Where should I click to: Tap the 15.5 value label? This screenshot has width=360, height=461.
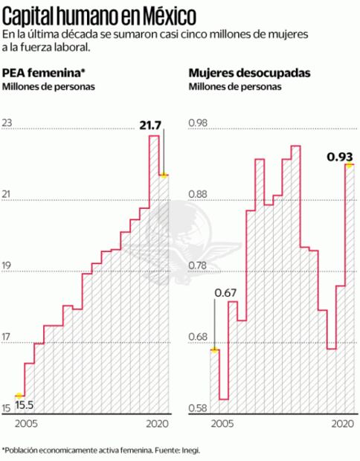click(x=25, y=404)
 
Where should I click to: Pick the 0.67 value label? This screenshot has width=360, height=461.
click(x=225, y=291)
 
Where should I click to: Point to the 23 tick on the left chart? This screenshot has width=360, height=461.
click(x=8, y=123)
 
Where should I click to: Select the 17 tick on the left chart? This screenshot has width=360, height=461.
click(x=8, y=339)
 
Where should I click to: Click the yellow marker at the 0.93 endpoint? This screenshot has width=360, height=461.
click(x=348, y=165)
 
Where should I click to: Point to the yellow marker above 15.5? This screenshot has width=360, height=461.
click(x=20, y=395)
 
